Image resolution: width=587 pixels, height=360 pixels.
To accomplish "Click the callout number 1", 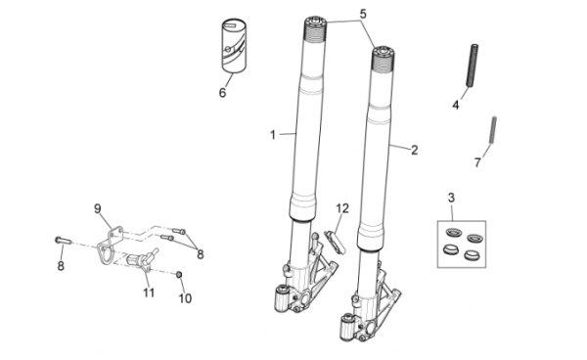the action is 273,135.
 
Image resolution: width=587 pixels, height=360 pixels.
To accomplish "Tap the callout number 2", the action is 414,150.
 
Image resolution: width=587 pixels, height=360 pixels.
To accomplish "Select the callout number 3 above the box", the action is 451,198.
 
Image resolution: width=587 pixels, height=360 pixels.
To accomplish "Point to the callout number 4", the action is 455,105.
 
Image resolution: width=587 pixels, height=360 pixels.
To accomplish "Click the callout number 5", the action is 363,14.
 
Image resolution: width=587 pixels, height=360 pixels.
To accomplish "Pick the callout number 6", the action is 223,92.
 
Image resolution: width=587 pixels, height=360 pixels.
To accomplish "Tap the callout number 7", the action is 477,162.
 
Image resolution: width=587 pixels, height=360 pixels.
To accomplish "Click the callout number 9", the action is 97,208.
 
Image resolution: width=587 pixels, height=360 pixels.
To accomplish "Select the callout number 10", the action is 185,298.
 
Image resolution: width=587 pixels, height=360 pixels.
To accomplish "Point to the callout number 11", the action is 149,292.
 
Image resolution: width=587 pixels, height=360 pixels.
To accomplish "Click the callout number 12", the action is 342,208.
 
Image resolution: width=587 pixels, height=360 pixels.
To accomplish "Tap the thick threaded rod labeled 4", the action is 473,66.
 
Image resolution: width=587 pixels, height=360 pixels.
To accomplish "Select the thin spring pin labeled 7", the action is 493,129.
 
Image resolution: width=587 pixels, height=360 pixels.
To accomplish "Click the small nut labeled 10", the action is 179,275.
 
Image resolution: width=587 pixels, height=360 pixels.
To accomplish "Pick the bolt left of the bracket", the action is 63,240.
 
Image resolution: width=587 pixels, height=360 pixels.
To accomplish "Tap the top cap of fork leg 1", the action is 315,21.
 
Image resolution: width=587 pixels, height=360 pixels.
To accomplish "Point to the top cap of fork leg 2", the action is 384,51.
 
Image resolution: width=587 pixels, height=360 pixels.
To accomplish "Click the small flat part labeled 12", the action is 336,243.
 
